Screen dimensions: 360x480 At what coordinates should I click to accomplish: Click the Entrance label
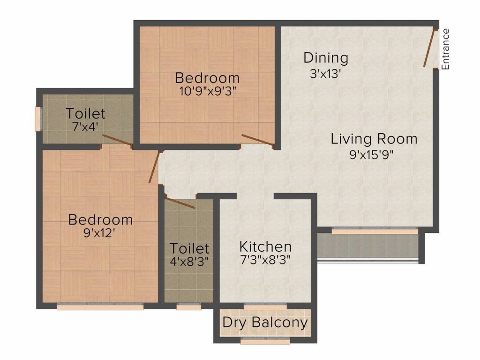[446, 49]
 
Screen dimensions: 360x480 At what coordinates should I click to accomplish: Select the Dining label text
[326, 58]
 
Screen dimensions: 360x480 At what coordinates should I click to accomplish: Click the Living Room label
[374, 139]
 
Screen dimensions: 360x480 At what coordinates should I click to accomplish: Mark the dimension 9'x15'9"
[374, 155]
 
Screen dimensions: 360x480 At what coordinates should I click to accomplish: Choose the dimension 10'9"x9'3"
[207, 91]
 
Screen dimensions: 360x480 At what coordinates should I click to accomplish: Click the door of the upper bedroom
[257, 140]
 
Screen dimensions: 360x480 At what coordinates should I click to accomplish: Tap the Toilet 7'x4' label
[85, 113]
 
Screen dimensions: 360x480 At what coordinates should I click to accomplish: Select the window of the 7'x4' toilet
[37, 120]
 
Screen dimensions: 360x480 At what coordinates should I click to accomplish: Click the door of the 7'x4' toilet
[117, 140]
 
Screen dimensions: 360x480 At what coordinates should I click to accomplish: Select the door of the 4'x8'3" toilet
[180, 202]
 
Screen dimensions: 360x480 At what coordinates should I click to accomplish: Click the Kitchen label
[265, 247]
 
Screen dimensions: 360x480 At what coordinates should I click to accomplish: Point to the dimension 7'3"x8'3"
[265, 260]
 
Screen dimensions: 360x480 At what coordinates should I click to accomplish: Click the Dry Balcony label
[265, 322]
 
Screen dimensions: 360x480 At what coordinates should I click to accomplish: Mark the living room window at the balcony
[375, 231]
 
